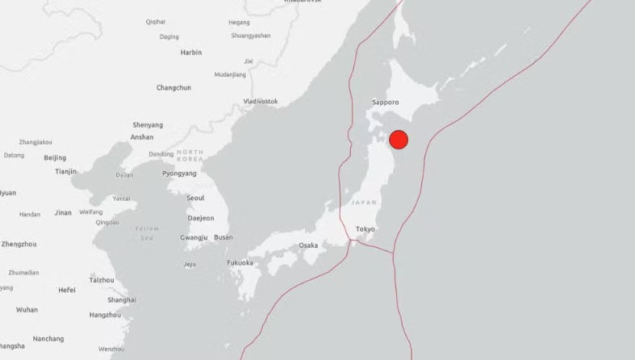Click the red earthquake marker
click(x=399, y=140)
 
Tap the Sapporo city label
click(x=386, y=103)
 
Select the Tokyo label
click(x=366, y=229)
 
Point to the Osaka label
click(x=308, y=245)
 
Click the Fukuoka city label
click(x=240, y=263)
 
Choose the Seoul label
click(x=195, y=198)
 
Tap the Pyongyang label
click(x=179, y=174)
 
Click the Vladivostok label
click(x=261, y=102)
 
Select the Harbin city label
click(x=191, y=52)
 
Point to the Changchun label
click(x=173, y=88)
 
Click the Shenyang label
click(x=148, y=125)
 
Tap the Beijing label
click(x=55, y=158)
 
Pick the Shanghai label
click(x=122, y=299)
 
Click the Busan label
click(x=223, y=237)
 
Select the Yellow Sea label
click(x=146, y=233)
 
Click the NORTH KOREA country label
click(x=190, y=156)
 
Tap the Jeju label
click(x=190, y=265)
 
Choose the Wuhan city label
click(x=27, y=310)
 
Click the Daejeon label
click(x=201, y=218)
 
